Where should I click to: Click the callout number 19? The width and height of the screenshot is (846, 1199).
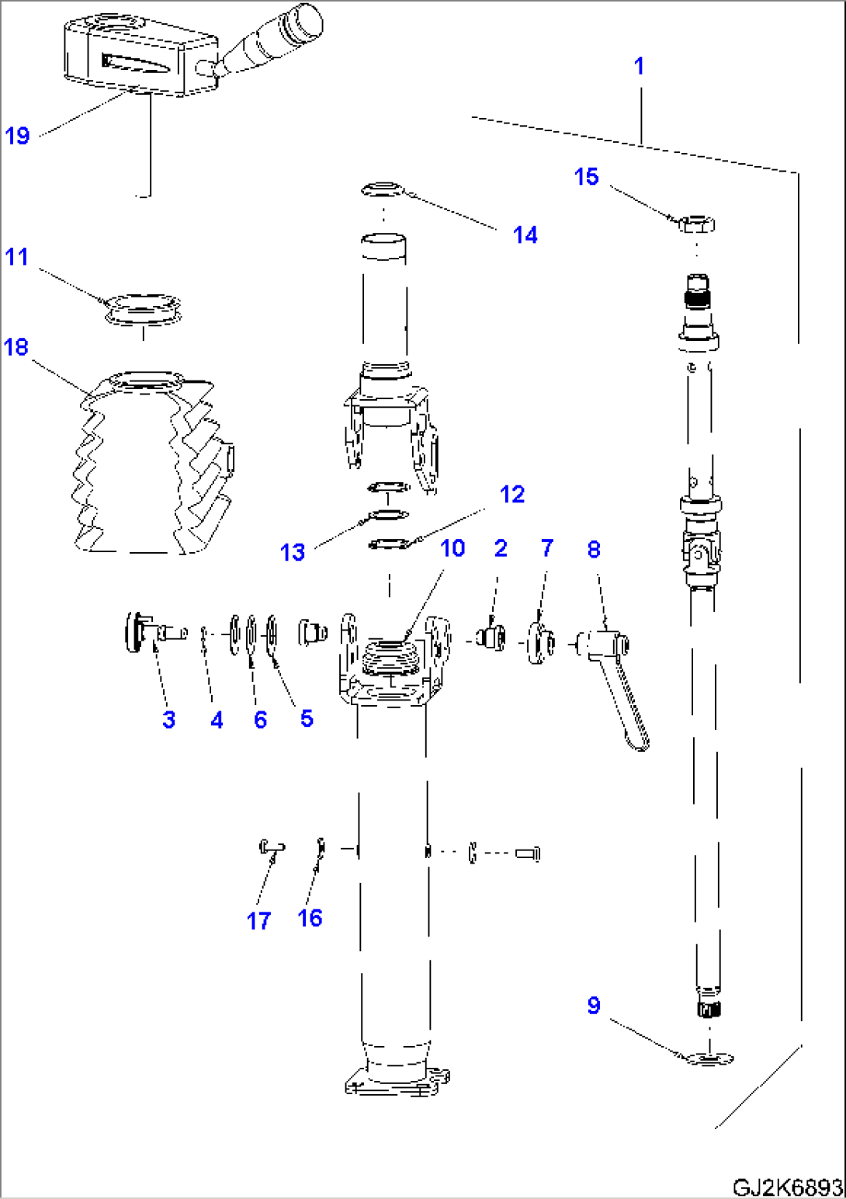pos(17,136)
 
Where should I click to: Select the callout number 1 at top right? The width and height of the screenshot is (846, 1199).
pos(639,66)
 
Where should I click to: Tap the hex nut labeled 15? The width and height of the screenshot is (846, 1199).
pos(696,224)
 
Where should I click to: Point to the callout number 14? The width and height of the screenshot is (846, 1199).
pos(525,235)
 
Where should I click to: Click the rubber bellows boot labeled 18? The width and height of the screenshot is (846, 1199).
pos(147,466)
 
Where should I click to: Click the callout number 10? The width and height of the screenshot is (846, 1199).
pos(452,548)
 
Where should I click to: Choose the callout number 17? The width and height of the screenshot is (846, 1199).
pos(258,921)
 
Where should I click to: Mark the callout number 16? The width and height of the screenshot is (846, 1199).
pos(310,918)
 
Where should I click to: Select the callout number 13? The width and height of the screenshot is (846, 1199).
pos(293,552)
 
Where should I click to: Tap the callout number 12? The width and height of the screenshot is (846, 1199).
pos(512,495)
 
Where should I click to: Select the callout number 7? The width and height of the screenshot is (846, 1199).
pos(547,548)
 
